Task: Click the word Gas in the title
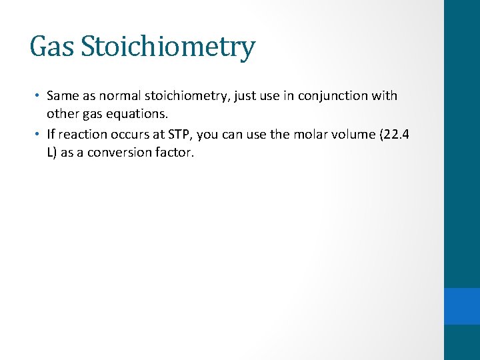(51, 47)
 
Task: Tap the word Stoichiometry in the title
(167, 47)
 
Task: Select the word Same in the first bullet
(62, 96)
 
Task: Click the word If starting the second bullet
(51, 134)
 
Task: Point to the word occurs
(131, 134)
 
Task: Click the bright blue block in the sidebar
(462, 306)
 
